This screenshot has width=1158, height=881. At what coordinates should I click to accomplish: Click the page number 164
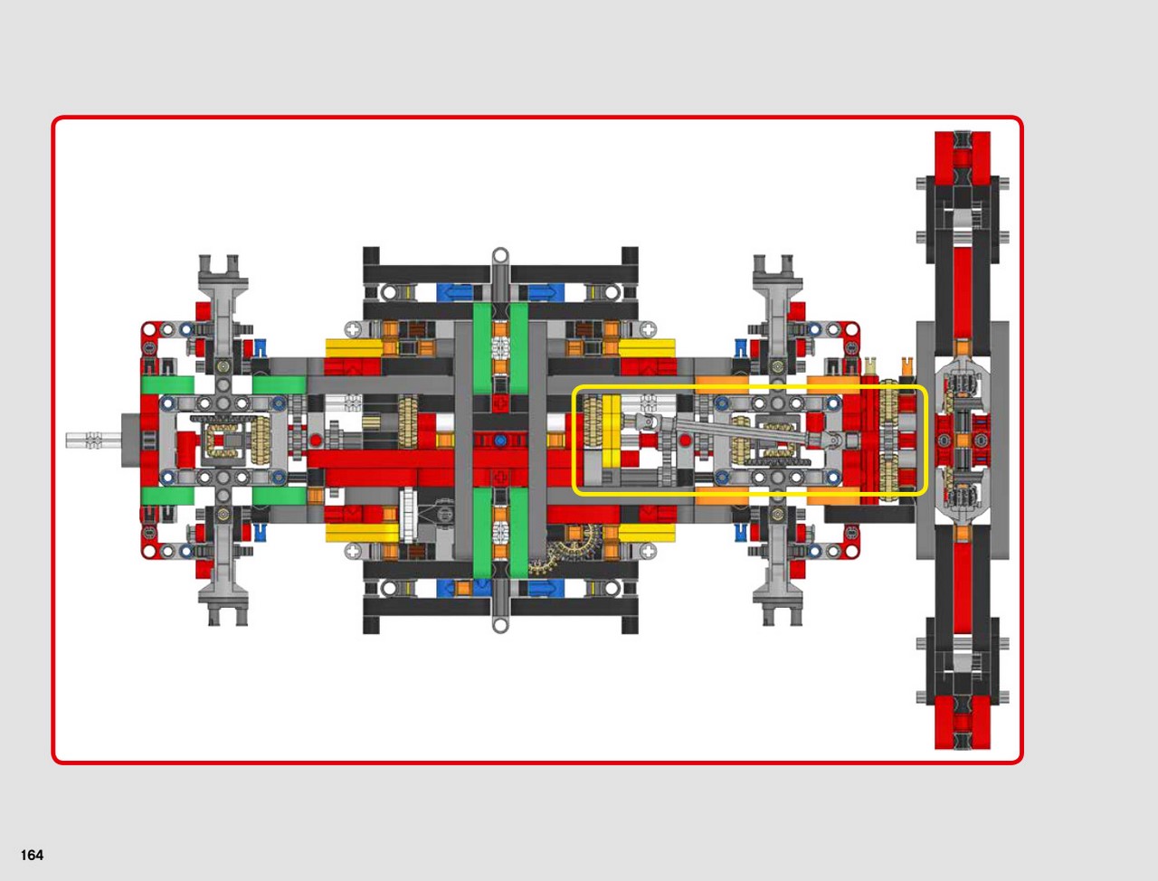coord(32,855)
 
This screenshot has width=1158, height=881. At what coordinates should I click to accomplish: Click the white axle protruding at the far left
coord(93,440)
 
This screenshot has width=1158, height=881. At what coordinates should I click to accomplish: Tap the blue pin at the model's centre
coord(500,440)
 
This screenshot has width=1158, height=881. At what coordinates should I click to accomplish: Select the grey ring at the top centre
coord(500,256)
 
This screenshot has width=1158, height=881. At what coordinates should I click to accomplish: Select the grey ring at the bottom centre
coord(500,625)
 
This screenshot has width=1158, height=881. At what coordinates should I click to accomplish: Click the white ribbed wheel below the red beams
coord(408,516)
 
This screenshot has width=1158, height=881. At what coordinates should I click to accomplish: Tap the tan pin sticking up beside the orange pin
coord(870,365)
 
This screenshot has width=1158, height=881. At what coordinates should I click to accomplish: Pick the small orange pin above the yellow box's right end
coord(906,365)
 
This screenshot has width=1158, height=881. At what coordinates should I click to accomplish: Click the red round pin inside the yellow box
coord(685,440)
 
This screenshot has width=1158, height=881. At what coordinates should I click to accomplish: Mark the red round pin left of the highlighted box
coord(316,440)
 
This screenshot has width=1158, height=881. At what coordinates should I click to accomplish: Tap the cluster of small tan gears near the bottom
coord(560,549)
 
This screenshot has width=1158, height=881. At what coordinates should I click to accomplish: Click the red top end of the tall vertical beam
coord(963,158)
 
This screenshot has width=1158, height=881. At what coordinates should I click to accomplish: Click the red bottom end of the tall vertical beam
coord(963,723)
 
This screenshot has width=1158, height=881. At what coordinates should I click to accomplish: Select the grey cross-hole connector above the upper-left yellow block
coord(353,330)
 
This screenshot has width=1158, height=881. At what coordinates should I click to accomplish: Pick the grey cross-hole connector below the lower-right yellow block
coord(648,552)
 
